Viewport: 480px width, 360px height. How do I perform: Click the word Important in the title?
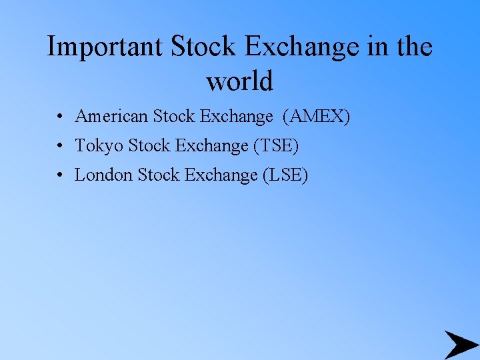click(x=105, y=47)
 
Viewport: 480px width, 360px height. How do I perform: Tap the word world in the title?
click(x=240, y=81)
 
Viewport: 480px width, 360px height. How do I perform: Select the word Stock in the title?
click(x=203, y=47)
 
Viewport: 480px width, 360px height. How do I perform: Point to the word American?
click(x=111, y=117)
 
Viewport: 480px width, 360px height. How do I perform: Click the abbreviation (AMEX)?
click(x=316, y=117)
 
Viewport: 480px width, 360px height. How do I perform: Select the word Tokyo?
click(x=98, y=145)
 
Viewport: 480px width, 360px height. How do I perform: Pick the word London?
click(x=103, y=175)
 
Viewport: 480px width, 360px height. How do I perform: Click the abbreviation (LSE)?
click(x=285, y=175)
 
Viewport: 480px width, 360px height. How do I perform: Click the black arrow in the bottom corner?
click(x=460, y=345)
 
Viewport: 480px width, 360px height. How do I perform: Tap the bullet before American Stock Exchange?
click(x=60, y=117)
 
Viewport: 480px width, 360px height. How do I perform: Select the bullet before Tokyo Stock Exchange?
click(x=60, y=146)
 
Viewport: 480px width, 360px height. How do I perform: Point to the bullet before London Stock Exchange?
click(x=60, y=175)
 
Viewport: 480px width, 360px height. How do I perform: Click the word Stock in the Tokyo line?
click(x=149, y=145)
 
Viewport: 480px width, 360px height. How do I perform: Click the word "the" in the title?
click(x=413, y=47)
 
